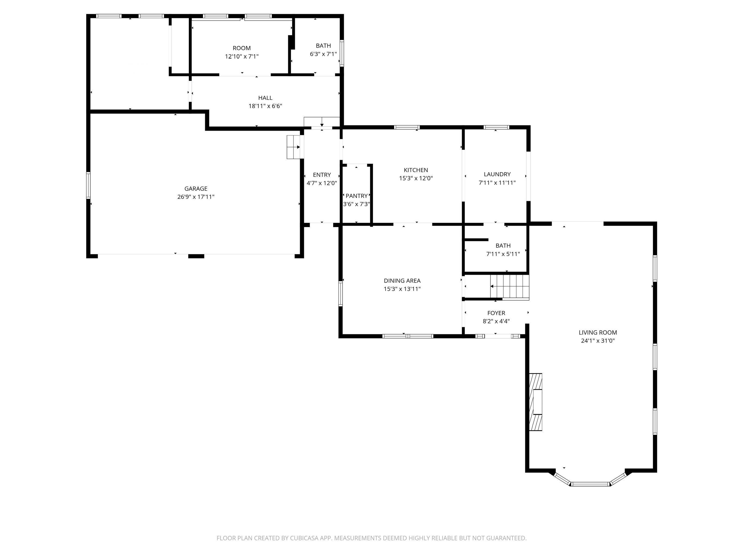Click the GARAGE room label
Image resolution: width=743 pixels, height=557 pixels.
tap(196, 189)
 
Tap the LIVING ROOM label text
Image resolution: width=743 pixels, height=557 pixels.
tap(597, 332)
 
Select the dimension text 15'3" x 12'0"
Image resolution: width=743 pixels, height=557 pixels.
tap(415, 178)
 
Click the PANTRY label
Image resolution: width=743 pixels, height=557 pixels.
tap(356, 196)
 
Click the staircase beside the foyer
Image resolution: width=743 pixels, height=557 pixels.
tap(510, 287)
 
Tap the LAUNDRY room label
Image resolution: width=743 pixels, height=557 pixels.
tap(497, 174)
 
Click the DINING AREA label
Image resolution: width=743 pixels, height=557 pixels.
tap(402, 281)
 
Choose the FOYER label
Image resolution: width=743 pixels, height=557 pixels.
tap(496, 313)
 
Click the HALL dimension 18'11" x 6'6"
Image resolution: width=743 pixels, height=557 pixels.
tap(265, 106)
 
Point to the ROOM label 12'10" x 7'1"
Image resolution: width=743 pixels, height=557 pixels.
tap(242, 48)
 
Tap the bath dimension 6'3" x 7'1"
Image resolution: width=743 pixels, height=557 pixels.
tap(323, 54)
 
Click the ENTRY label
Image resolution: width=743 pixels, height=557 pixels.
tap(322, 175)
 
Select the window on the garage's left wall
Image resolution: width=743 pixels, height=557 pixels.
tap(88, 185)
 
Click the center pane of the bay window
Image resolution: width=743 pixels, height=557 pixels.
tap(590, 484)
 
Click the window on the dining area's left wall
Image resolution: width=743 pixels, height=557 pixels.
tap(340, 293)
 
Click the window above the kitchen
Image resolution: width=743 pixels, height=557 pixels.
tap(407, 127)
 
